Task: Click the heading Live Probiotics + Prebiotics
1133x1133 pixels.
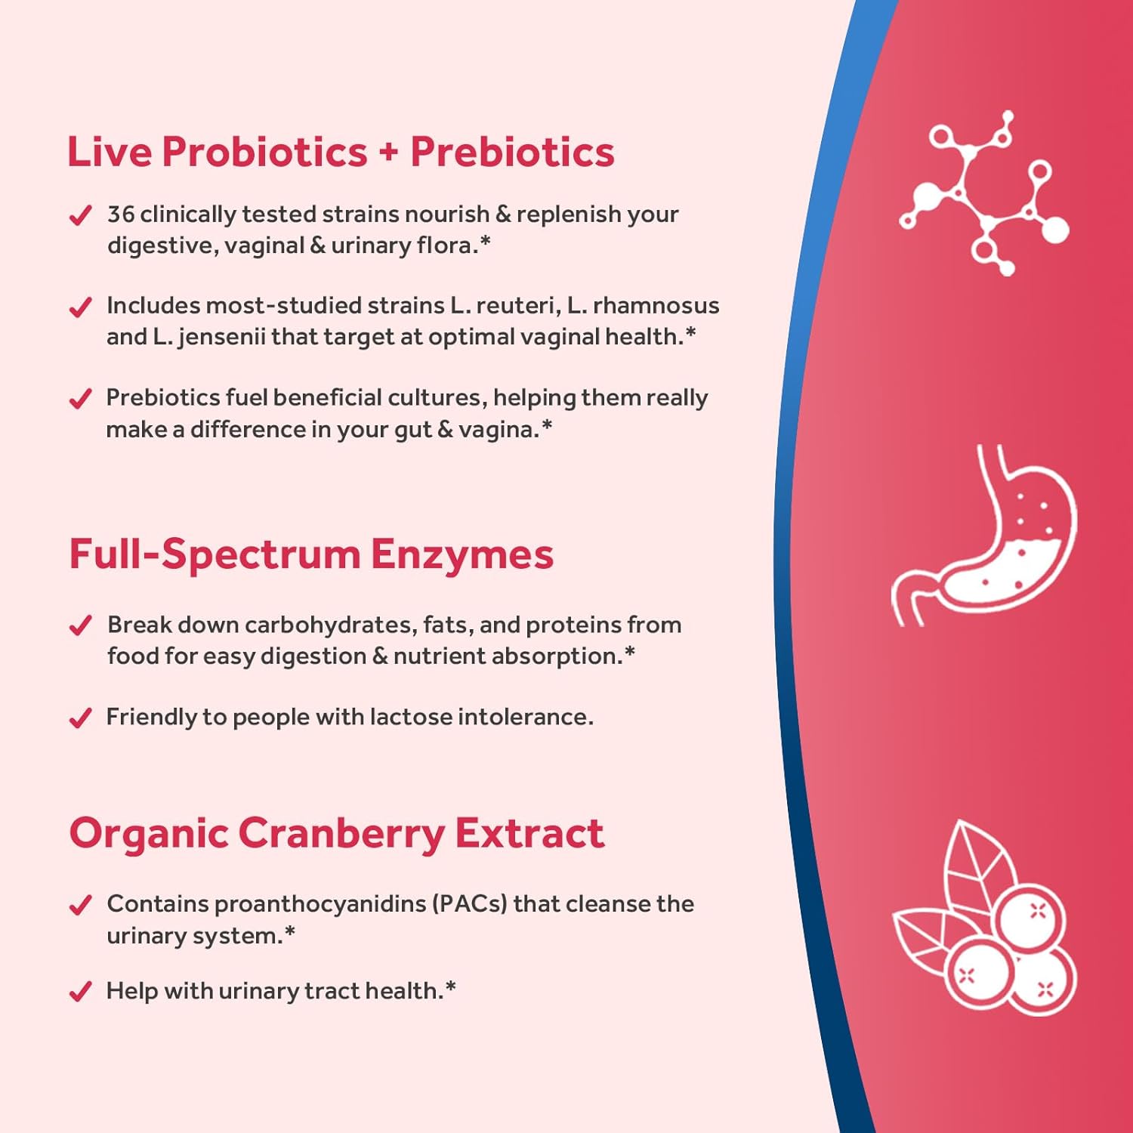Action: [x=341, y=152]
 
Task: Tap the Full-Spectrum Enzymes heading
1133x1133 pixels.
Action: [x=311, y=554]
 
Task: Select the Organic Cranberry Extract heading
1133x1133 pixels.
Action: [x=337, y=834]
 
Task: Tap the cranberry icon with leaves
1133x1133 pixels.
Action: [x=985, y=918]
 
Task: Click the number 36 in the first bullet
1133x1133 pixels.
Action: [x=121, y=215]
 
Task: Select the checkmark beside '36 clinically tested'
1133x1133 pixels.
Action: [x=80, y=216]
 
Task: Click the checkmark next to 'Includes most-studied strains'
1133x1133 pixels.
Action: [x=80, y=307]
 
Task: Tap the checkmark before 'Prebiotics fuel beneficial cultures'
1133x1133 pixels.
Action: [x=80, y=399]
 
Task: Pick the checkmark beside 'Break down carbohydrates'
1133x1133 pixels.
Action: [x=80, y=626]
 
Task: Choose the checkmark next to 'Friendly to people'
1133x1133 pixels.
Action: [x=80, y=718]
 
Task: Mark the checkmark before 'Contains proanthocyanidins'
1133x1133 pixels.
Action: [x=80, y=905]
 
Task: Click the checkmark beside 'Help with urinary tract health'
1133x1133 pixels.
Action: [x=80, y=992]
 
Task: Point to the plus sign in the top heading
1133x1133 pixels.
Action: [x=388, y=153]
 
